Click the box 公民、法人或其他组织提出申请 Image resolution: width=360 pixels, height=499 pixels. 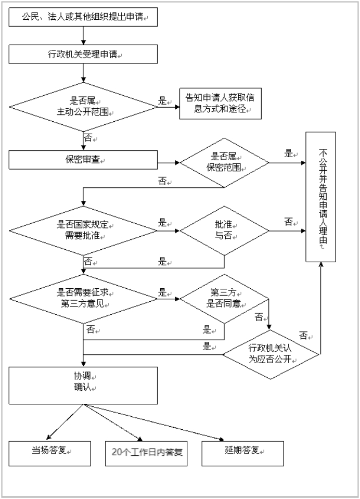[x=83, y=17]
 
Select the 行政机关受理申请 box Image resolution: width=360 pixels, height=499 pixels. [x=83, y=54]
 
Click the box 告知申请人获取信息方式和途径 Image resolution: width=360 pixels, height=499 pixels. [x=220, y=104]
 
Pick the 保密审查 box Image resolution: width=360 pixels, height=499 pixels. [x=83, y=160]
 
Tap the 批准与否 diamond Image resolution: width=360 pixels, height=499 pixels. [x=224, y=229]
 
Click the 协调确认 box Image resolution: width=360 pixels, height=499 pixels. [x=83, y=386]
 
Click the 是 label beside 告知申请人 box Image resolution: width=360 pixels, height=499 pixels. [x=163, y=101]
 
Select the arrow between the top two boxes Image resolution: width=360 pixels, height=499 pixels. [x=83, y=35]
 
